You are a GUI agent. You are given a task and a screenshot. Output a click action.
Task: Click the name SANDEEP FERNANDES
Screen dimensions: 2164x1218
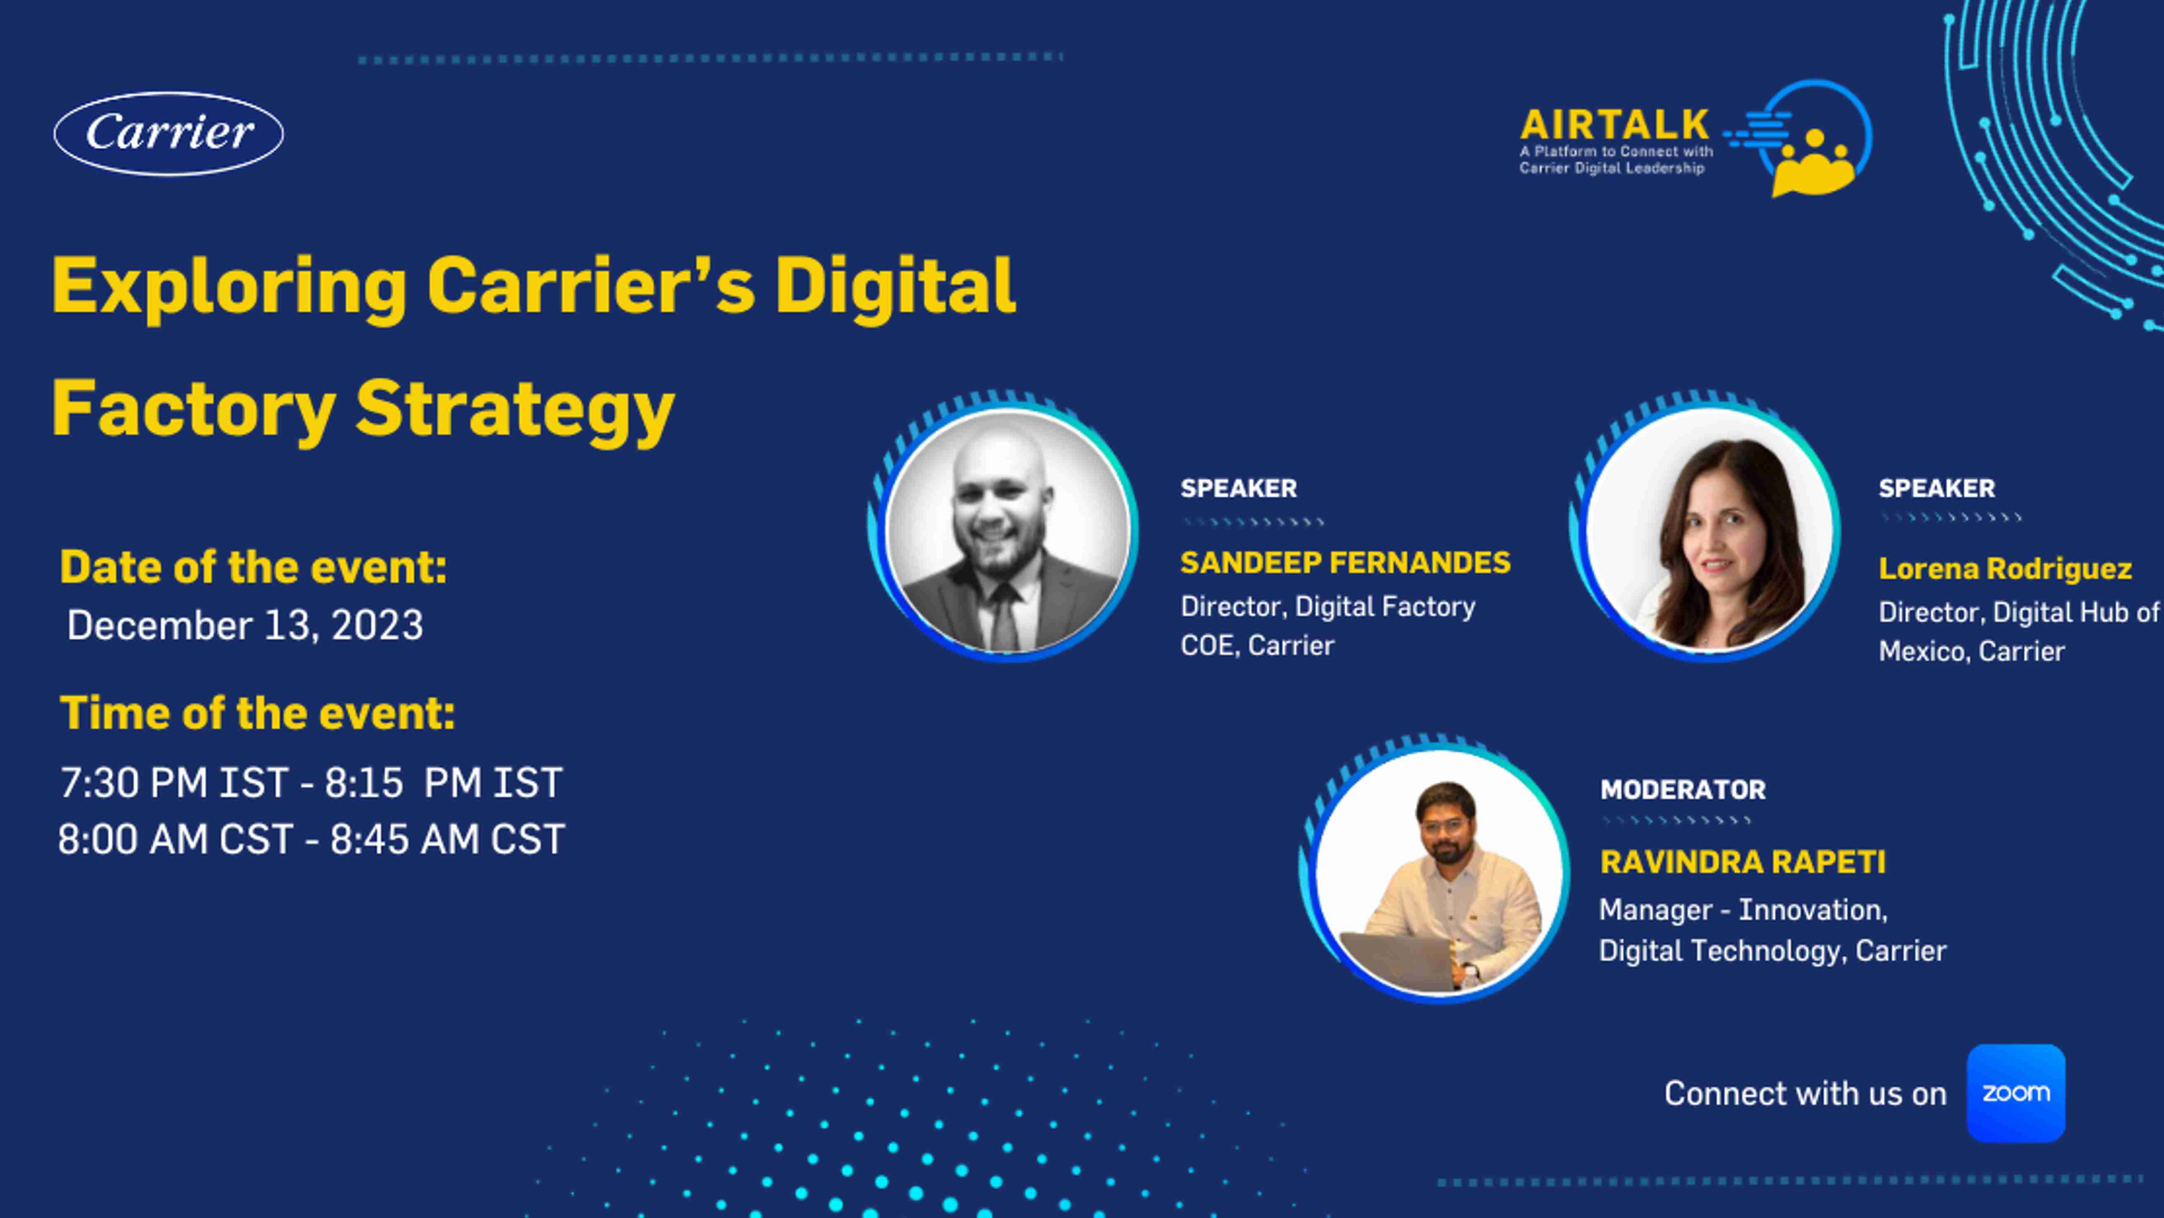click(1345, 562)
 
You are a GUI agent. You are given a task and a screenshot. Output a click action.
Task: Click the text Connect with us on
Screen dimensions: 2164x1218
click(1805, 1093)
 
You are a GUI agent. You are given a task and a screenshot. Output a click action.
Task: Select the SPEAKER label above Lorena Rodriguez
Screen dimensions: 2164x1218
click(1937, 488)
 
